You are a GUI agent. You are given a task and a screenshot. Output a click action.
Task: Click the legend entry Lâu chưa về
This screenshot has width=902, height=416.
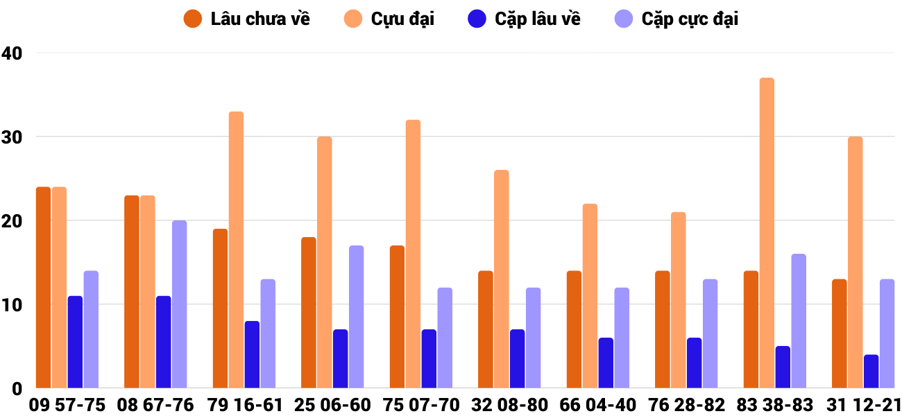pos(259,19)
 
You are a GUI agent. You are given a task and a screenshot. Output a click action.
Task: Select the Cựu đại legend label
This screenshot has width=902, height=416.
pos(402,19)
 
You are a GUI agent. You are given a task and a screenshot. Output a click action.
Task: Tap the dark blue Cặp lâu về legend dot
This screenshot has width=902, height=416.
pos(477,19)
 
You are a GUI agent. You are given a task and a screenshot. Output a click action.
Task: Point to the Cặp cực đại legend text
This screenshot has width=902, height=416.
pos(689,19)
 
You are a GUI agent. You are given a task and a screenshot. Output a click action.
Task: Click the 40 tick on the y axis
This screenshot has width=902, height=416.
pos(12,53)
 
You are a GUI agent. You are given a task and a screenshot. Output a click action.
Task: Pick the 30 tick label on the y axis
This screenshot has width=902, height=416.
pos(12,137)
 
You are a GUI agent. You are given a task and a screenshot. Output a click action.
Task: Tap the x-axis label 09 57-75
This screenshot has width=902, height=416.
pos(67,405)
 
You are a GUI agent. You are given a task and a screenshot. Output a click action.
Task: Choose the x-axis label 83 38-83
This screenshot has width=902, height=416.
pos(775,405)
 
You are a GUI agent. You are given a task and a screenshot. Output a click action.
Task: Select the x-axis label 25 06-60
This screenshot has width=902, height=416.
pos(333,405)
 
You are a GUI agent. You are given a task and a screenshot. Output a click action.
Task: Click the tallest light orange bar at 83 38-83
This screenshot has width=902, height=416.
pos(767,232)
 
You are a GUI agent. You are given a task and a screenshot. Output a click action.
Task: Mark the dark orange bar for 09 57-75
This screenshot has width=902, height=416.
pos(44,287)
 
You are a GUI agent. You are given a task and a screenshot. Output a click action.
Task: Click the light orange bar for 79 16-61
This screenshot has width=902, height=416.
pos(236,250)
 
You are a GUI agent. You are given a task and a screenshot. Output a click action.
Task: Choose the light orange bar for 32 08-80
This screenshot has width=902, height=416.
pos(501,279)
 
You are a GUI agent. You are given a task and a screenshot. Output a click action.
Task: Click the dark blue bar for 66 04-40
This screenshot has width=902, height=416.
pos(606,363)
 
